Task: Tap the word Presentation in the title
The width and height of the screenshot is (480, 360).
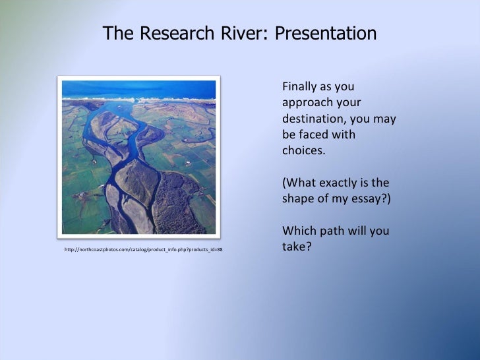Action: [322, 34]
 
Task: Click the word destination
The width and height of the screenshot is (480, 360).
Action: [313, 120]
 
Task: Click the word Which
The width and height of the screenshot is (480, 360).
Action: [297, 231]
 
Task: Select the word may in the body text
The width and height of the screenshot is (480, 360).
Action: [386, 120]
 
